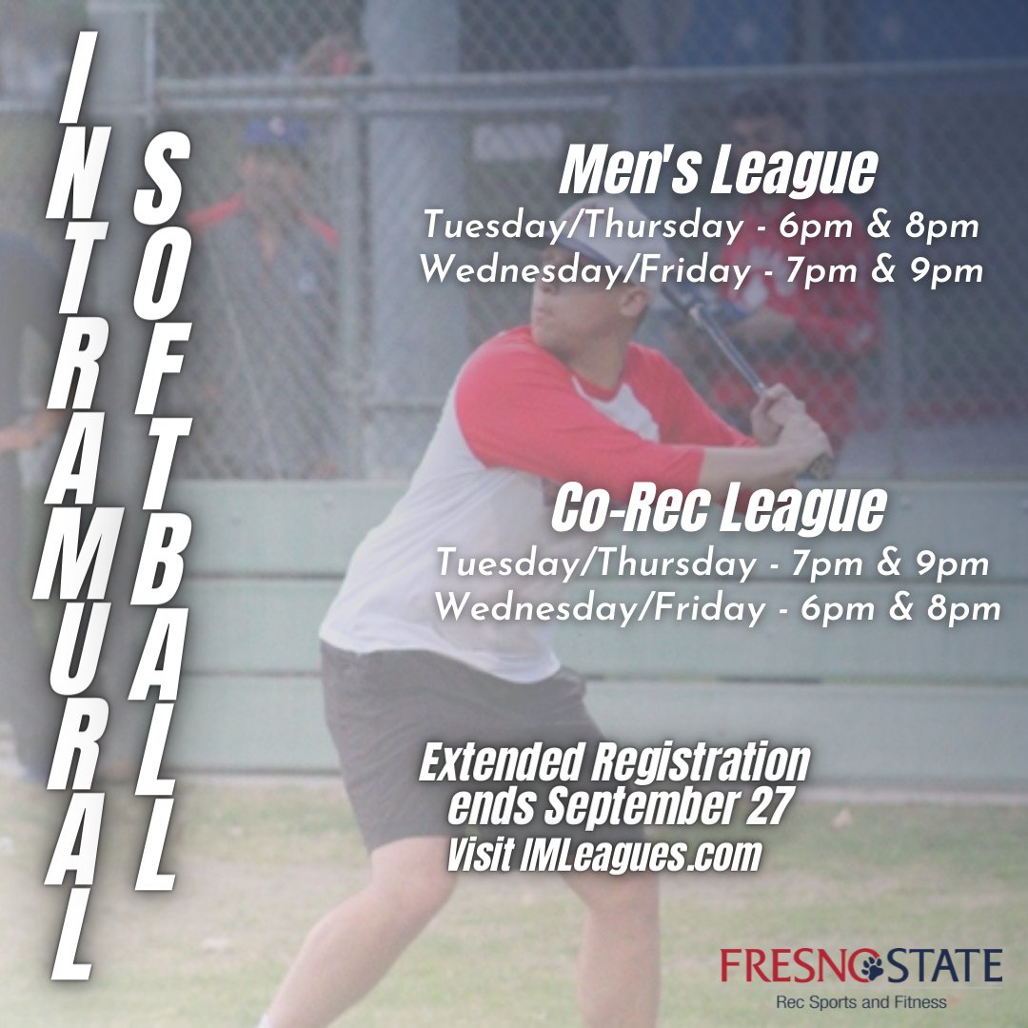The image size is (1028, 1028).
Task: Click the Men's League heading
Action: pyautogui.click(x=717, y=172)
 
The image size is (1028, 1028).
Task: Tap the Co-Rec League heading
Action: pyautogui.click(x=718, y=509)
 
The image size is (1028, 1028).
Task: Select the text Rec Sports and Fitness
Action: pyautogui.click(x=861, y=1001)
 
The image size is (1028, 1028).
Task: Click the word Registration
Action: pyautogui.click(x=700, y=762)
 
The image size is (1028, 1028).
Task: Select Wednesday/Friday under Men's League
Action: pyautogui.click(x=583, y=271)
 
